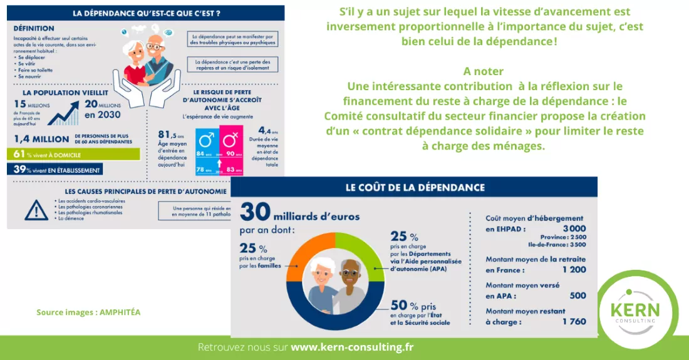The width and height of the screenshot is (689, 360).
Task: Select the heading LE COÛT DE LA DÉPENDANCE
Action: [x=415, y=187]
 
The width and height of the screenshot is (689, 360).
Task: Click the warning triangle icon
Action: [x=36, y=210]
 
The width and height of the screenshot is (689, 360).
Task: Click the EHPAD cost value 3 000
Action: [x=574, y=229]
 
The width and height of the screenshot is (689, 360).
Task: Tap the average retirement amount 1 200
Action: [x=574, y=270]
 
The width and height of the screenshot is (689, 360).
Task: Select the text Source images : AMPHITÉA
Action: [x=88, y=312]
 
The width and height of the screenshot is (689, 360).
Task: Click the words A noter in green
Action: [x=484, y=71]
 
